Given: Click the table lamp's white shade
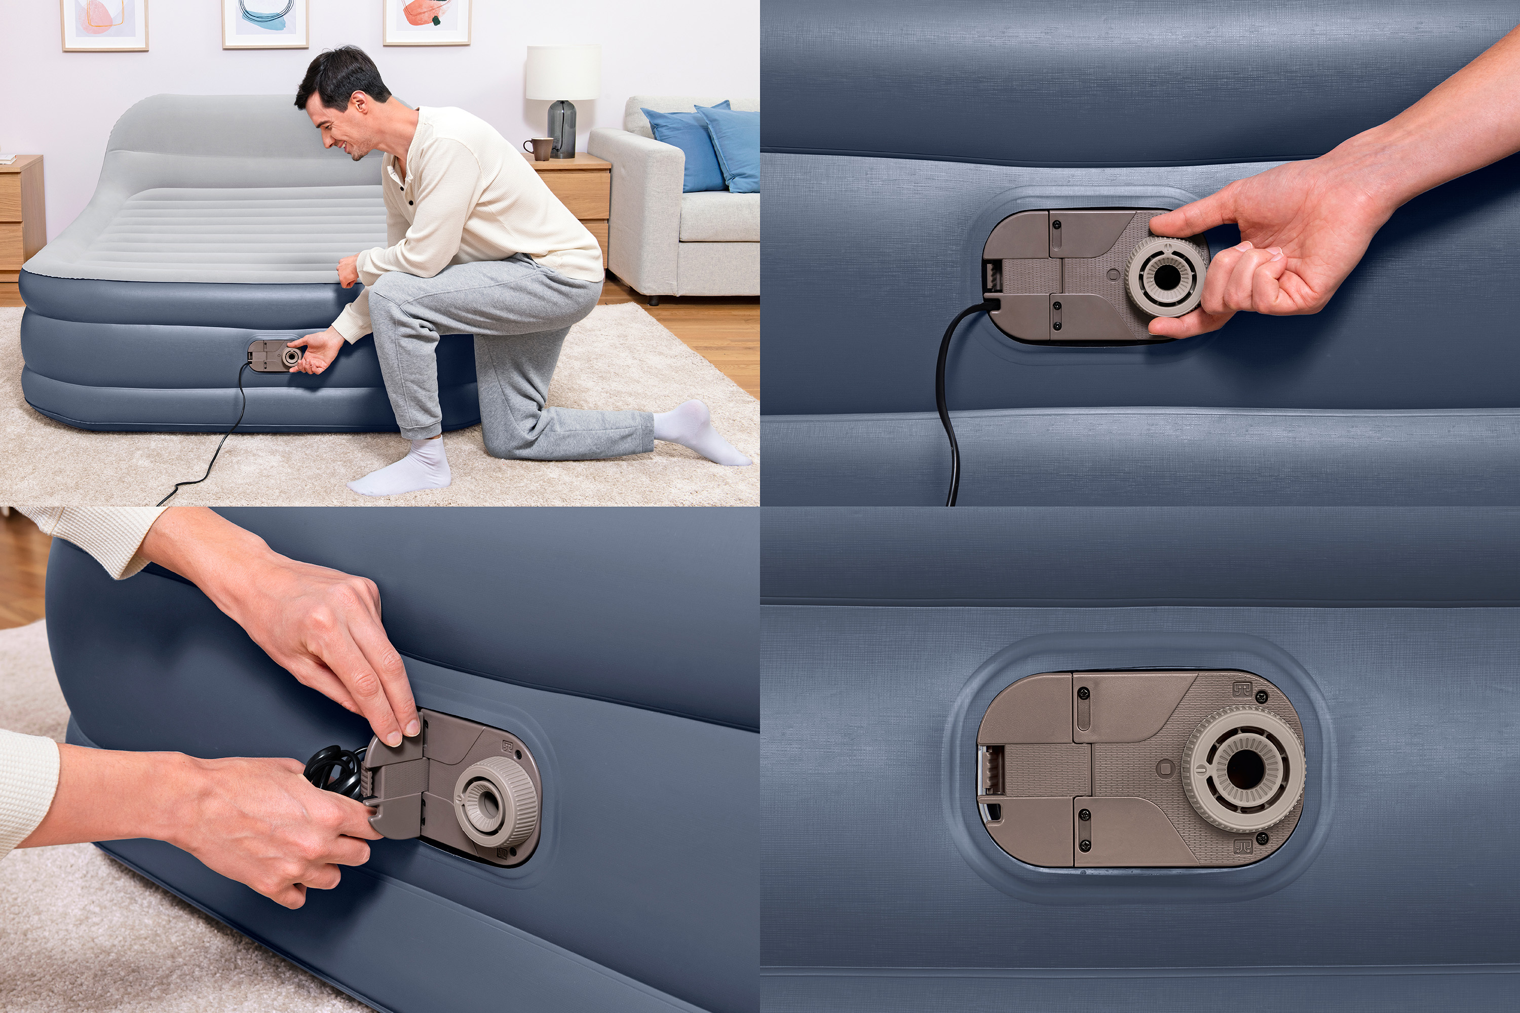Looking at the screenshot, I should coord(562,72).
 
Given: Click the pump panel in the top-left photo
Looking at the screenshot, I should coord(272,356).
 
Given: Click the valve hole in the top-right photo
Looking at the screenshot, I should coord(1167,277).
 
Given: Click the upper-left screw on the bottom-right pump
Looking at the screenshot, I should coord(1085,694).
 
